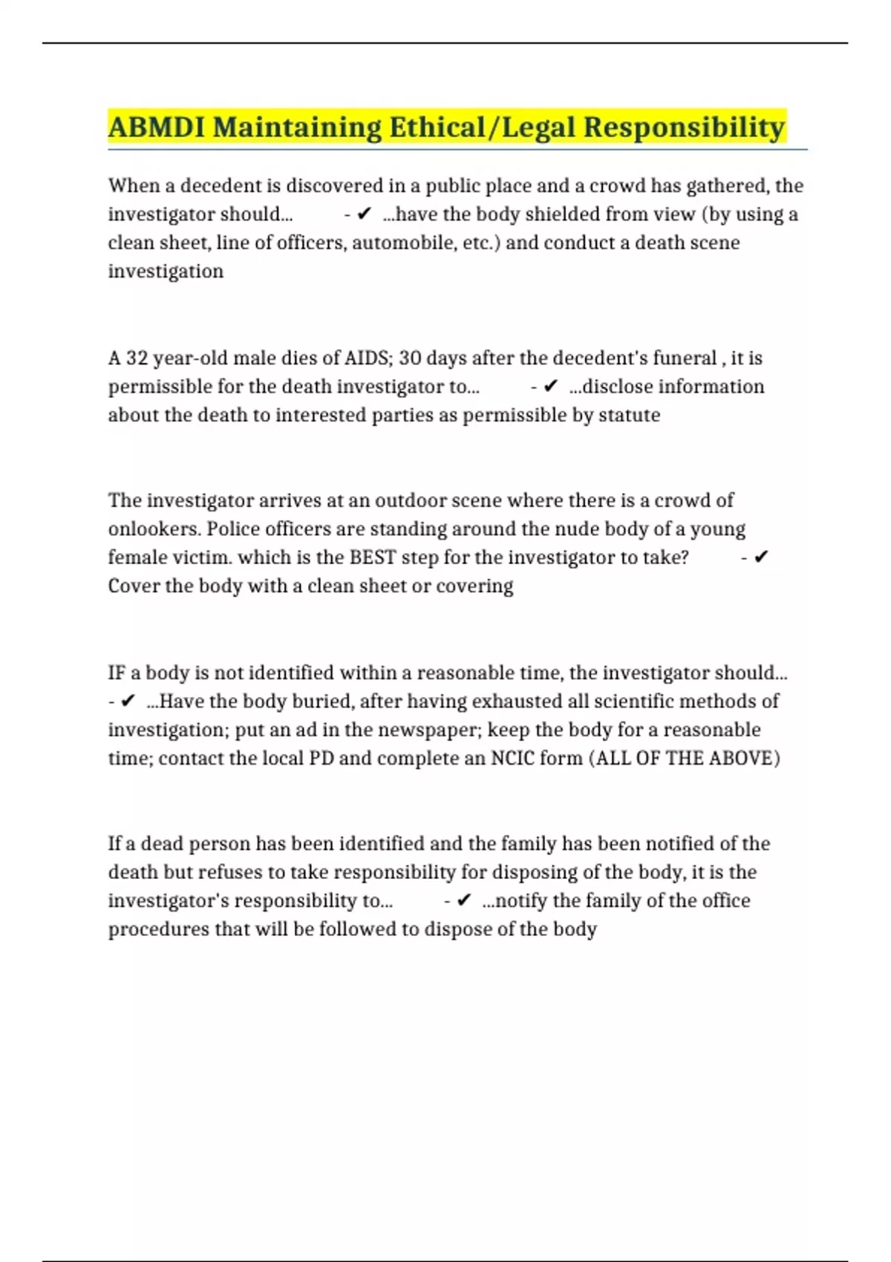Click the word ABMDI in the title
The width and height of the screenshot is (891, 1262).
tap(156, 127)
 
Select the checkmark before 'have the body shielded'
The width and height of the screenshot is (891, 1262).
tap(364, 215)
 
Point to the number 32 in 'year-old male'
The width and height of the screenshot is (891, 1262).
tap(137, 358)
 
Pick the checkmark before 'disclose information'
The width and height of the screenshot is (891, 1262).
tap(550, 386)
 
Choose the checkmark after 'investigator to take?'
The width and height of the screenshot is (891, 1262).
tap(760, 558)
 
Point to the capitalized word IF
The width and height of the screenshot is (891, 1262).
tap(117, 673)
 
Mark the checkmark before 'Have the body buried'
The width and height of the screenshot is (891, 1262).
tap(128, 701)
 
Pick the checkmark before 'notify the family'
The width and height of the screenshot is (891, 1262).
tap(463, 900)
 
